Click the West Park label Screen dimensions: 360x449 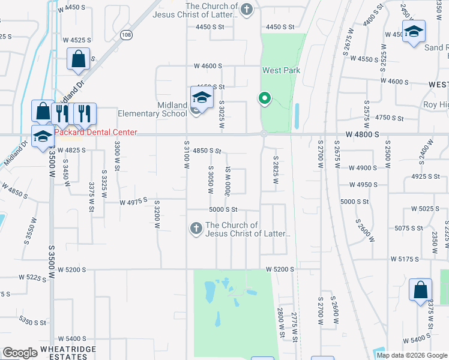281,70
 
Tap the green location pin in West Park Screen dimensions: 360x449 264,98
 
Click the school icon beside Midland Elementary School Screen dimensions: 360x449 202,98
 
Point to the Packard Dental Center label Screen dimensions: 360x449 96,133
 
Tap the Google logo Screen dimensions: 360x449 20,353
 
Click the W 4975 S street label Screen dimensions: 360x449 133,203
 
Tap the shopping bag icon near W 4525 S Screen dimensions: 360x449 78,59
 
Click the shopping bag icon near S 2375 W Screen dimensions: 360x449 420,289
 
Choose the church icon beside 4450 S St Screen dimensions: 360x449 246,9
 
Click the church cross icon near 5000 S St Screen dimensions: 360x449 195,227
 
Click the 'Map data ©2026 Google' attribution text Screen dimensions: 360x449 411,355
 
